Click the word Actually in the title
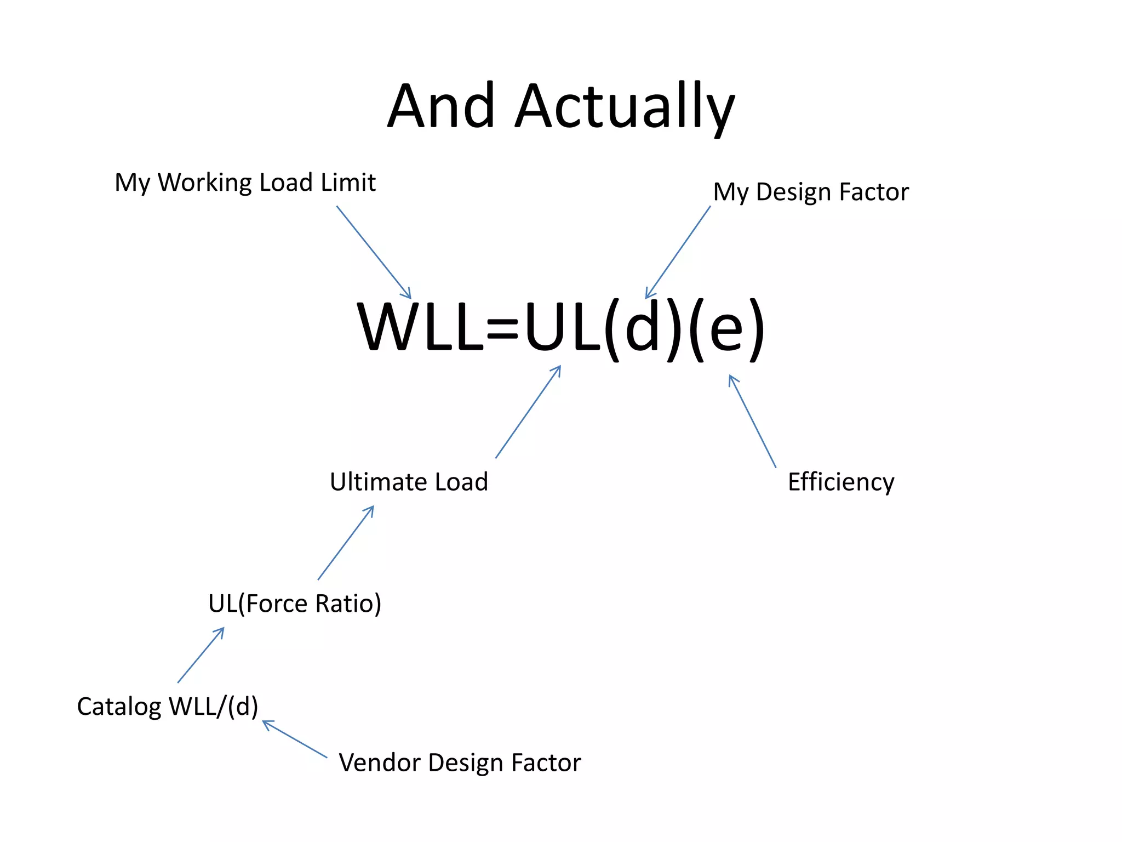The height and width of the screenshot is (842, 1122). (x=625, y=107)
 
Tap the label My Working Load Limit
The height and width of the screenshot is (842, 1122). (x=245, y=183)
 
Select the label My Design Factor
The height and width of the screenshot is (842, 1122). (x=811, y=192)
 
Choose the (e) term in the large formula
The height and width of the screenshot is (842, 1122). (x=726, y=329)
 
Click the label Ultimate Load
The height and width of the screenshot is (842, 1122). (x=409, y=482)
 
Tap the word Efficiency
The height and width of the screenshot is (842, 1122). (x=841, y=482)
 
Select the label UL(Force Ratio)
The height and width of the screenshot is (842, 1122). (x=295, y=604)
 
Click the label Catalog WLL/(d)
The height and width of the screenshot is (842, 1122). (x=168, y=707)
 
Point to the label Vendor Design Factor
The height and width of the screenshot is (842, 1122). (x=460, y=763)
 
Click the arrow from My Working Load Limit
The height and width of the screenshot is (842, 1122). (x=374, y=252)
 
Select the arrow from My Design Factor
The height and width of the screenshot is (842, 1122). (x=678, y=252)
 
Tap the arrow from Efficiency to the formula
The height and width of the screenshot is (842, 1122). (x=752, y=421)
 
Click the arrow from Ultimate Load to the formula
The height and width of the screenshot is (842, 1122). (x=528, y=412)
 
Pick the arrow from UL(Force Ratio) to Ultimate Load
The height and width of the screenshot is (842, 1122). (x=346, y=543)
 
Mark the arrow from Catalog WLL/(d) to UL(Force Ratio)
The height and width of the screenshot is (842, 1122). (x=201, y=655)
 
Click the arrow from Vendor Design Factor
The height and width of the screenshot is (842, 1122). (x=295, y=739)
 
